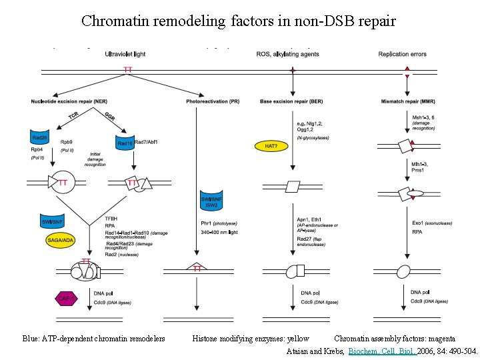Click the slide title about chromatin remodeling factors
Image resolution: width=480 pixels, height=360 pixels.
[239, 21]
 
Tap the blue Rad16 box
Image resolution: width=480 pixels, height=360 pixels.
[125, 143]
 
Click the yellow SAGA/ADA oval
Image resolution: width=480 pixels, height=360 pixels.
[61, 239]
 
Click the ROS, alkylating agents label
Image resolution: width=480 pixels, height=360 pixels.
[285, 54]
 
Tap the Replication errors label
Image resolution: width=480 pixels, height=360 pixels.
[402, 54]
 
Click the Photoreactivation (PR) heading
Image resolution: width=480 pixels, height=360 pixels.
[213, 101]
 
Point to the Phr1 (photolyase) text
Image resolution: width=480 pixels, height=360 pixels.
[218, 223]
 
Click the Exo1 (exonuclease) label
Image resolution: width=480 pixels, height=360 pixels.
[435, 223]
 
